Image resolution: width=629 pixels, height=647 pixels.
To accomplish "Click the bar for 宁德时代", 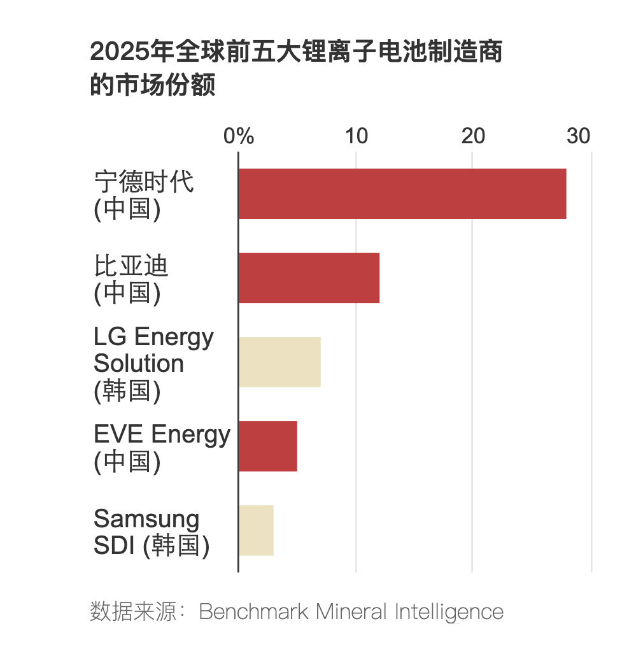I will (402, 194).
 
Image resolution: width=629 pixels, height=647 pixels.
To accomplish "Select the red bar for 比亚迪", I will (309, 278).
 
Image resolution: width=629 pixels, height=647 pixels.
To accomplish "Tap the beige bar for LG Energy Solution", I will (279, 362).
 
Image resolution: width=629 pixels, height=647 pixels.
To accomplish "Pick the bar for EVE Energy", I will (268, 446).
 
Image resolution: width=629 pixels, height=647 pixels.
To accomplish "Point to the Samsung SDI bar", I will (256, 530).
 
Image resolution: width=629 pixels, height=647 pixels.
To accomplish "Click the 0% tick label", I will (239, 136).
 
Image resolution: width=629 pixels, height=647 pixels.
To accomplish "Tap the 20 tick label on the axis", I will (473, 136).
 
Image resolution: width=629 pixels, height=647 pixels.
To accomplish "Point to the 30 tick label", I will (579, 136).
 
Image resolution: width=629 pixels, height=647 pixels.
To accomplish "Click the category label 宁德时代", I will (144, 182).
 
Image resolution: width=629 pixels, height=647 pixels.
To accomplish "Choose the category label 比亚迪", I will (131, 266).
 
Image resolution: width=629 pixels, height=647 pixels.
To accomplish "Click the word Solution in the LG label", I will (139, 364).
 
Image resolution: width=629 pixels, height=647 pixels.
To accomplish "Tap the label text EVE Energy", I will (162, 434).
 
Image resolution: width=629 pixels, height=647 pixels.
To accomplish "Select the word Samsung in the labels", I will (146, 519).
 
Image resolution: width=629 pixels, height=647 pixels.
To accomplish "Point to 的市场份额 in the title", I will (153, 85).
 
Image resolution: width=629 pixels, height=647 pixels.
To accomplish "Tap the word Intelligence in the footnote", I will (449, 612).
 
